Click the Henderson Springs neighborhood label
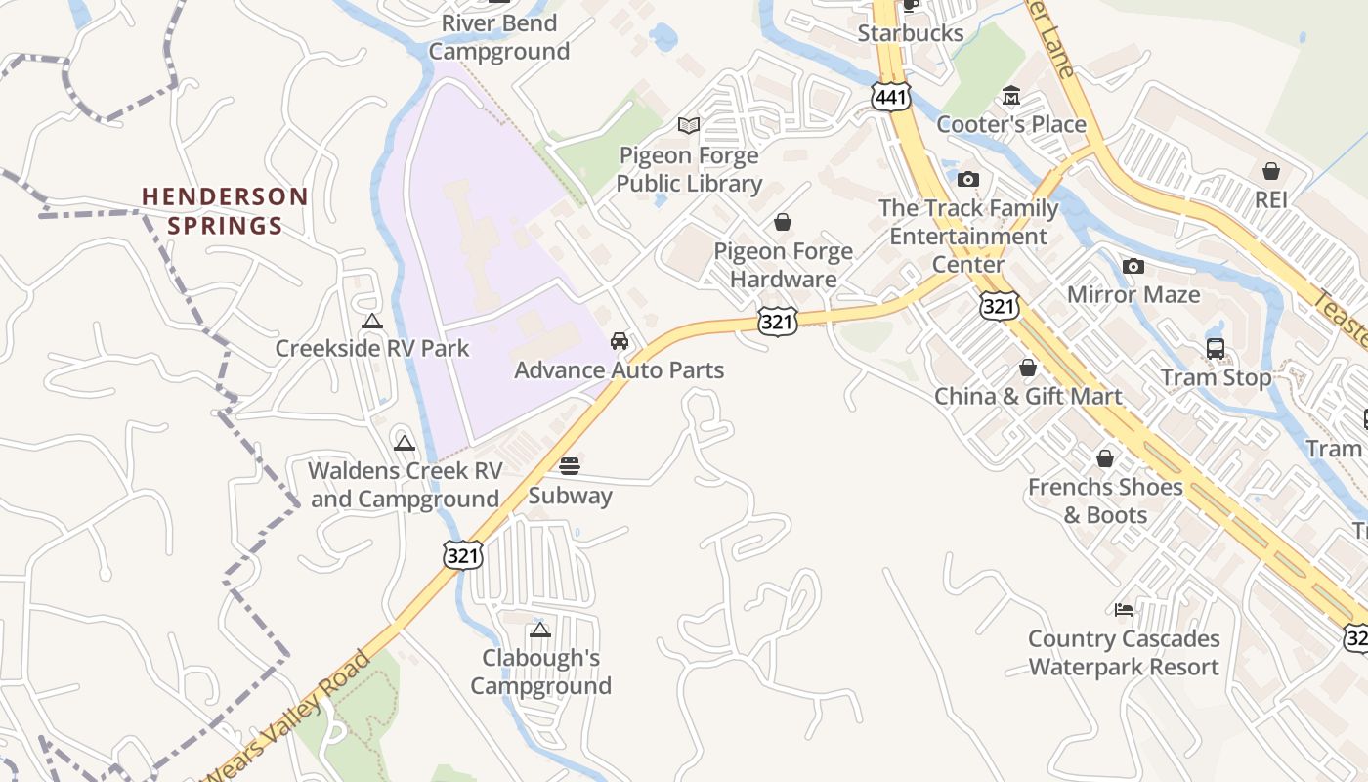click(x=225, y=211)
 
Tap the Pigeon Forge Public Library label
click(x=689, y=169)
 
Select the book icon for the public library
click(x=689, y=125)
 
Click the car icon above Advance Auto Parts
click(x=619, y=341)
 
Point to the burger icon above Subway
click(x=570, y=465)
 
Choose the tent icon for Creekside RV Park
click(x=371, y=321)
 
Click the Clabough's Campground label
click(x=540, y=672)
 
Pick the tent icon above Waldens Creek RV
click(x=405, y=444)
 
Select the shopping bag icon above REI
click(x=1271, y=171)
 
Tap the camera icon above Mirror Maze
click(x=1133, y=266)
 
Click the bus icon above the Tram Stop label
click(x=1216, y=349)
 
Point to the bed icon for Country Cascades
click(x=1124, y=610)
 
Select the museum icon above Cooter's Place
click(x=1011, y=96)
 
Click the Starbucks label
click(x=911, y=33)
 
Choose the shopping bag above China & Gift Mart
click(x=1028, y=368)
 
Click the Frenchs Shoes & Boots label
click(x=1105, y=500)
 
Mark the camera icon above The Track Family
click(x=968, y=179)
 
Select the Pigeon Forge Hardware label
click(x=783, y=265)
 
